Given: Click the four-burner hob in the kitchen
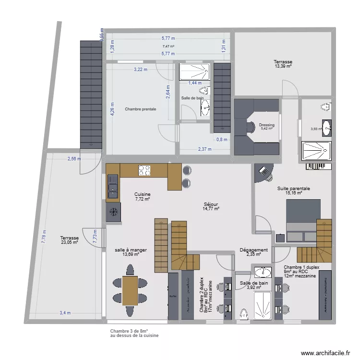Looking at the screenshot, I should tap(144, 170).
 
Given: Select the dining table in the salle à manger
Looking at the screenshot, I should tap(130, 291).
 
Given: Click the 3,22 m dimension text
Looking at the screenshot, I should tap(140, 70).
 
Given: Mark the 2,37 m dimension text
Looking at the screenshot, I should tap(205, 149).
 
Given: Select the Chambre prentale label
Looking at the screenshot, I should tap(140, 109).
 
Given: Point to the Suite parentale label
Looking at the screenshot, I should tap(293, 189).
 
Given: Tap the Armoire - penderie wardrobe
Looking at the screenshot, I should tap(325, 295).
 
